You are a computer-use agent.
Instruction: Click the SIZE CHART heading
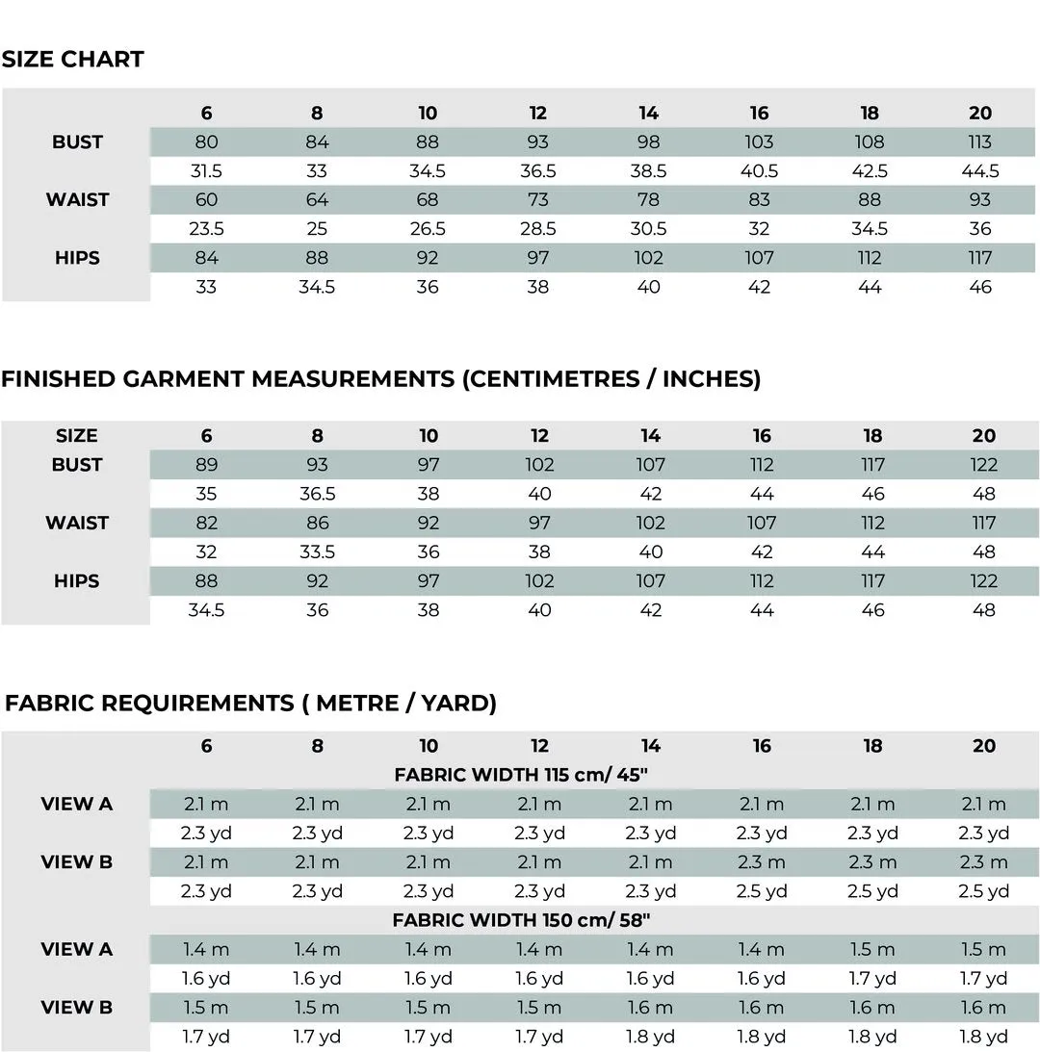[73, 60]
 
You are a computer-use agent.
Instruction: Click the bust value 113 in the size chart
[980, 142]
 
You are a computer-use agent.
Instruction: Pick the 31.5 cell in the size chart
[206, 171]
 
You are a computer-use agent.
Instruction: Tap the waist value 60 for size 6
[206, 200]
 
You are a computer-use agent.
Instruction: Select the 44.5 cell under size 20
[980, 171]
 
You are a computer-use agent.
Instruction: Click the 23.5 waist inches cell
[206, 229]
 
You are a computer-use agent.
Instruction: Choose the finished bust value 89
[206, 465]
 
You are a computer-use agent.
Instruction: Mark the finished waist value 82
[206, 524]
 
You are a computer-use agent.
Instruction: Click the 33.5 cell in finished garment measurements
[317, 552]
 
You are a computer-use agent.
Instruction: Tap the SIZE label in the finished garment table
[77, 436]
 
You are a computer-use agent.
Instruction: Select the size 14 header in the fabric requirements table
[651, 746]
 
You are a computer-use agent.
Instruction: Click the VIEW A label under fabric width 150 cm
[77, 949]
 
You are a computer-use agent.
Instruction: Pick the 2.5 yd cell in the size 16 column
[762, 891]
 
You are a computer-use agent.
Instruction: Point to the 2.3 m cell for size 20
[984, 862]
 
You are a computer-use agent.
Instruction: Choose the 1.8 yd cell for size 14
[651, 1037]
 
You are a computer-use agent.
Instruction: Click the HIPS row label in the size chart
[77, 258]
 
